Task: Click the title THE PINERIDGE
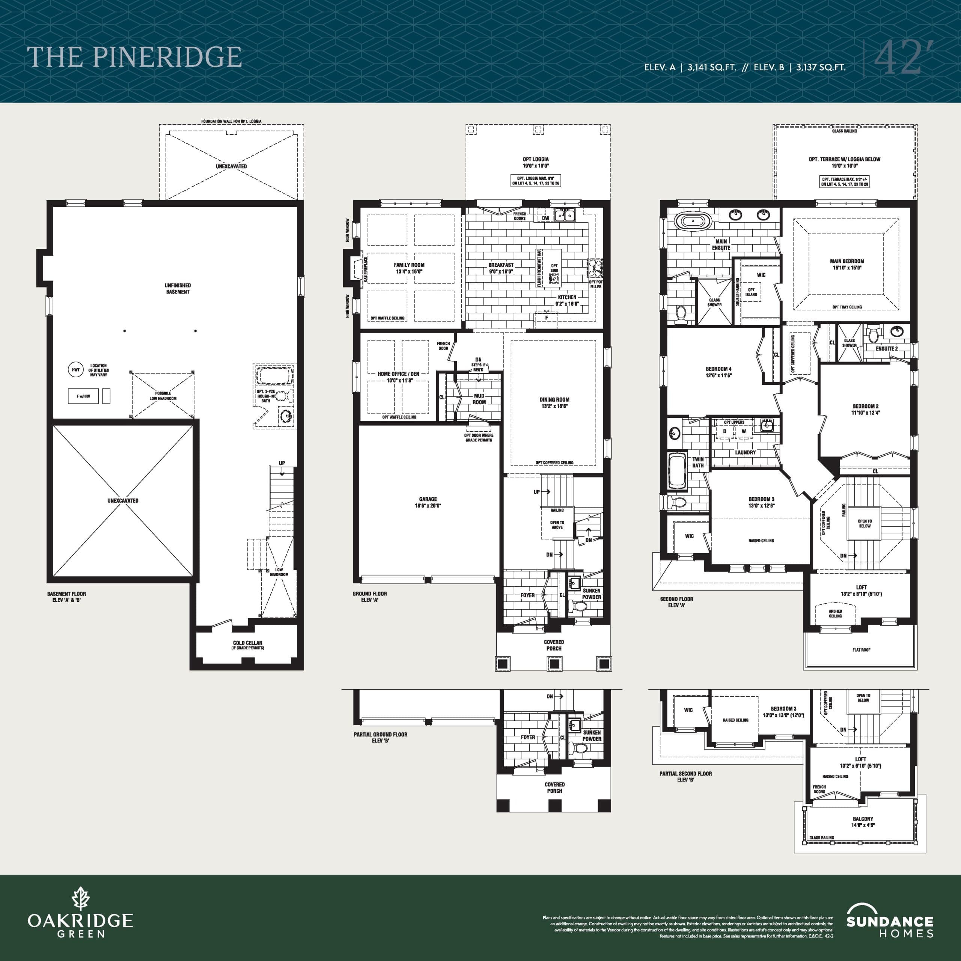pos(134,57)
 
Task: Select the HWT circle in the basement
pos(75,370)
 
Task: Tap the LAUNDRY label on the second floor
pos(745,452)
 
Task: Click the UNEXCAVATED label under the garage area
pos(123,500)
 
